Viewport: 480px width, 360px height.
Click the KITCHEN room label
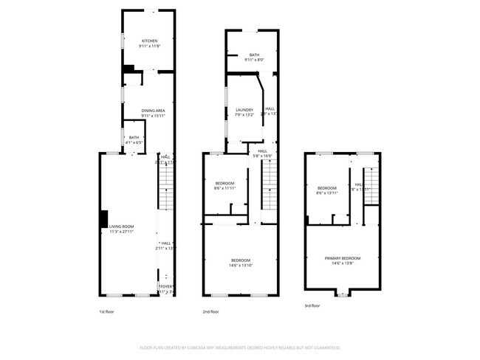(x=149, y=41)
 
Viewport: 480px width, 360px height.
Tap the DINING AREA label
(x=153, y=110)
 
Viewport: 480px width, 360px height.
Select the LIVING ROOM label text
(x=121, y=226)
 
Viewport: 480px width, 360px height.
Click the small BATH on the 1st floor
(x=134, y=139)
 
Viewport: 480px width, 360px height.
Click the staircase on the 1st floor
(x=167, y=187)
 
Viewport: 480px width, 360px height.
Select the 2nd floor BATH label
(x=254, y=55)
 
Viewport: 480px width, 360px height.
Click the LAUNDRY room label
(x=244, y=110)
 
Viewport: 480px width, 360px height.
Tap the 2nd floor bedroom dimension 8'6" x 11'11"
(x=224, y=188)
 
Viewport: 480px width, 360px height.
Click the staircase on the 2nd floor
(x=270, y=187)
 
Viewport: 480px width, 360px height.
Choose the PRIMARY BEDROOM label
(x=342, y=258)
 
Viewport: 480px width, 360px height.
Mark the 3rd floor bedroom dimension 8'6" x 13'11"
(x=326, y=193)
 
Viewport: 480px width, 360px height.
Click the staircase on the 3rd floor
(x=371, y=184)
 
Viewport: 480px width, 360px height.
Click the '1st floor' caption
(x=107, y=311)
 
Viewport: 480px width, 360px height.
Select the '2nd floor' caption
(x=211, y=311)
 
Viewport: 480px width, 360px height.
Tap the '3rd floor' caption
(x=312, y=305)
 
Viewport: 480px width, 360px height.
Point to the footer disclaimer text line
(x=240, y=347)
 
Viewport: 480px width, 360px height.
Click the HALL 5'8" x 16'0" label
(x=262, y=153)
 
